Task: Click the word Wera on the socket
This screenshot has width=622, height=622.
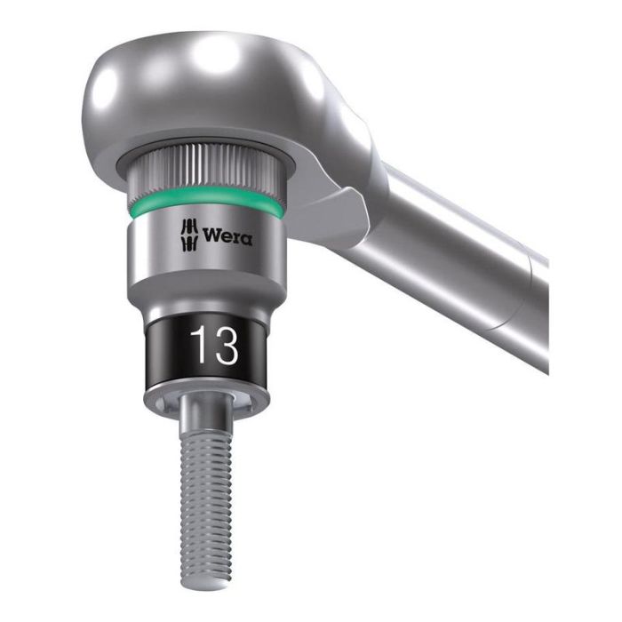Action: (x=227, y=236)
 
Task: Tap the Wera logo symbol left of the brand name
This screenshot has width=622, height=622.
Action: (x=188, y=235)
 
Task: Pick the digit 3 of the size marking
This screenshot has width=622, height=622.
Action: (x=226, y=347)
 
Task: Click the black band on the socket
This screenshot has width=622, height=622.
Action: (x=160, y=351)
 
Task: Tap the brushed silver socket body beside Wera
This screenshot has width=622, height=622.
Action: (x=151, y=253)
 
